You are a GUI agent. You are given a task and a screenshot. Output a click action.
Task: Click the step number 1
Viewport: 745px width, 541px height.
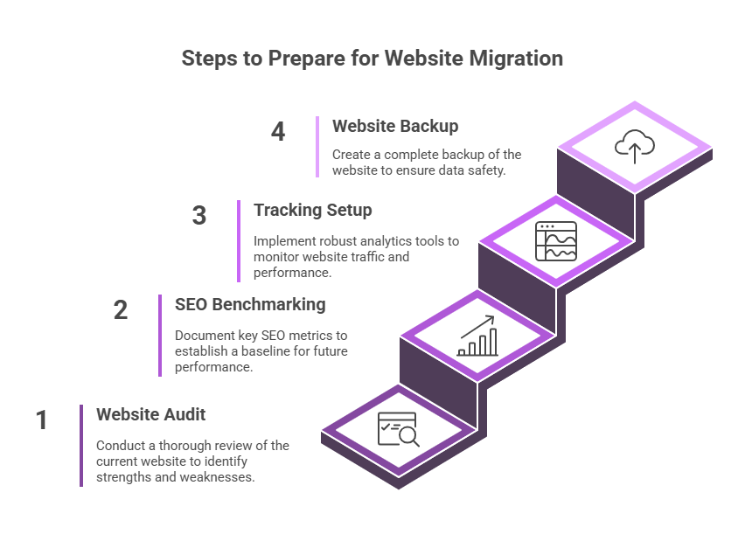42,420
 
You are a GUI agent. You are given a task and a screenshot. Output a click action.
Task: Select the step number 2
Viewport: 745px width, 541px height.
121,310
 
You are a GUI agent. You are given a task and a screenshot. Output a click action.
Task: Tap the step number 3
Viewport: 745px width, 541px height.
199,215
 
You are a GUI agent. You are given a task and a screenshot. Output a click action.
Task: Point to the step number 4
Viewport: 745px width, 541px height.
278,132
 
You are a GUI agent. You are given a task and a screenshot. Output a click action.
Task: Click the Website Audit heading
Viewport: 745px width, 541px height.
151,414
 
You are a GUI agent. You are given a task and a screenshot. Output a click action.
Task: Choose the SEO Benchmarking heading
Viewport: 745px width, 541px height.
250,305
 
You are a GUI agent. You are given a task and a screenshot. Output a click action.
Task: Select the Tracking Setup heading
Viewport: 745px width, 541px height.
313,211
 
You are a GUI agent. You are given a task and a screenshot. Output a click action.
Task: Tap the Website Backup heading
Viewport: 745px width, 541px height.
395,127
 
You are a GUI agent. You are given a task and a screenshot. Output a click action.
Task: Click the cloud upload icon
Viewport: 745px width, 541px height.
635,146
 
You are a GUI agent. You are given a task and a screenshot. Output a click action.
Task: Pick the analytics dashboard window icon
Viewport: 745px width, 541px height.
556,241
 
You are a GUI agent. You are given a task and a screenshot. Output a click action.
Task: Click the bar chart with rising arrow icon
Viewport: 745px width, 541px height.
477,336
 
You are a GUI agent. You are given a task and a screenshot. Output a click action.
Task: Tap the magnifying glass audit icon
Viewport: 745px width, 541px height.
398,429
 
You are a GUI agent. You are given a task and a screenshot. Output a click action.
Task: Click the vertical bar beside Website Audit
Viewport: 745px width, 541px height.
81,446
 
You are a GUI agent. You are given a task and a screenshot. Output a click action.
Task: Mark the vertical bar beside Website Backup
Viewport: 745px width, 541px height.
317,147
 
